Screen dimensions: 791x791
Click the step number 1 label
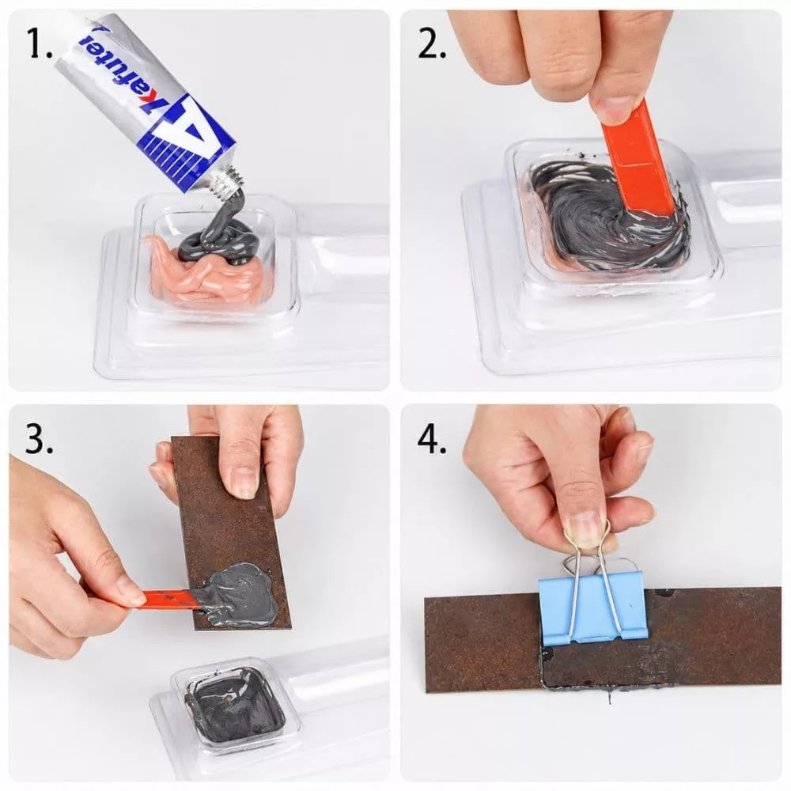[x=39, y=44]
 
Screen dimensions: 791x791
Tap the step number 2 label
[x=432, y=44]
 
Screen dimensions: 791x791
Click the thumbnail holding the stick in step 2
[x=612, y=108]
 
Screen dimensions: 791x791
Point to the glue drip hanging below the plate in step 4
[x=610, y=697]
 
